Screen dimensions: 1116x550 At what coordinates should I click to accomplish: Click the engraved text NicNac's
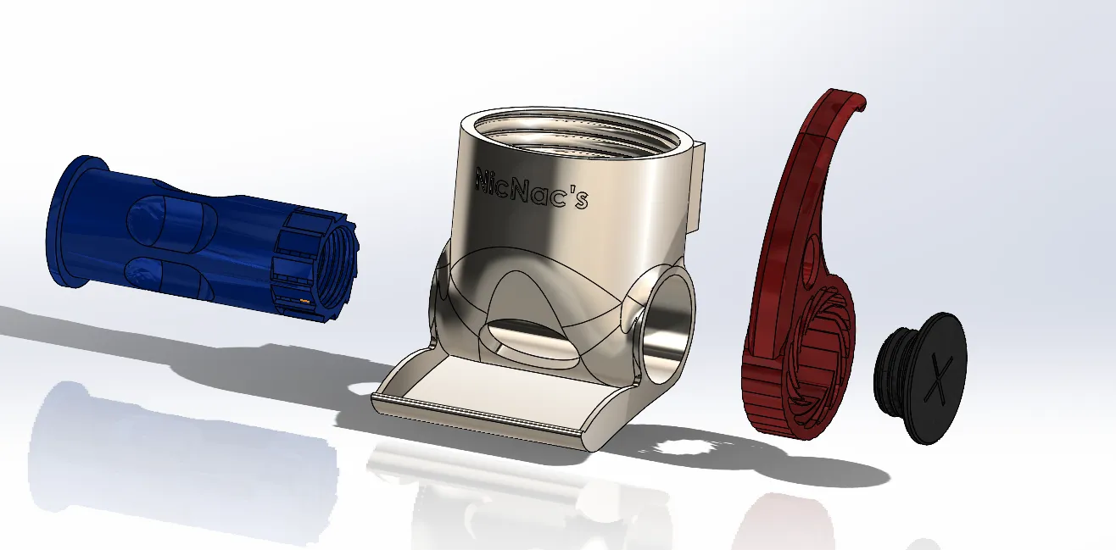pos(532,189)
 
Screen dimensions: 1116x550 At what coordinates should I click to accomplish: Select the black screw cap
pos(921,378)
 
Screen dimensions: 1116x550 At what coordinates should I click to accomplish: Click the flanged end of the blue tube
pos(70,221)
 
